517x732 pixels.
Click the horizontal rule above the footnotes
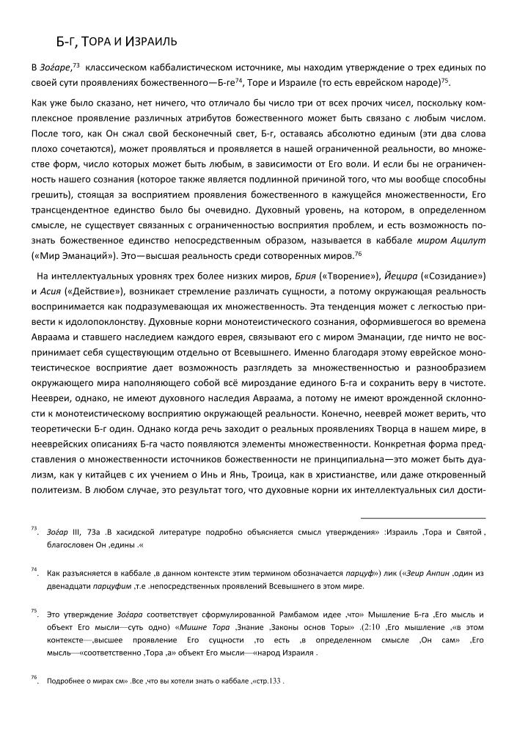(x=423, y=519)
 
